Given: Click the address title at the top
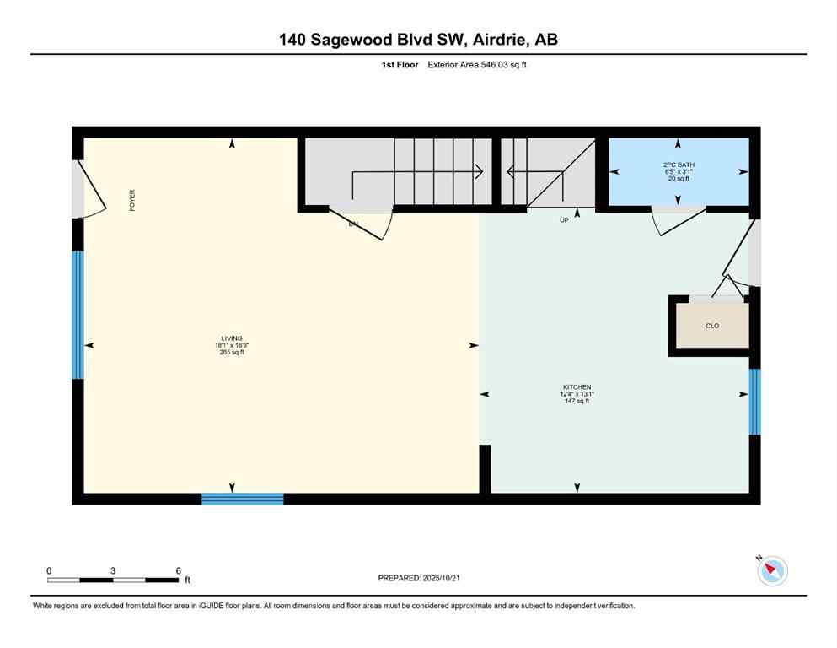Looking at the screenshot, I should tap(418, 39).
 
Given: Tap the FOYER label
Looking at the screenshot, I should tap(132, 200).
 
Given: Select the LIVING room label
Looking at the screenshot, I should tap(232, 338).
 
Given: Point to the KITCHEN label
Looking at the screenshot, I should tap(577, 387).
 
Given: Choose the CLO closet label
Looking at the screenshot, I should tap(712, 325).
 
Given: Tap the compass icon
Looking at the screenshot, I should tap(771, 571).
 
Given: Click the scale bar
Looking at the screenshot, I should tap(113, 580).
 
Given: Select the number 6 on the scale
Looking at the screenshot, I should tap(179, 570).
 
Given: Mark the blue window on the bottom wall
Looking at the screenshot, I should tap(243, 499).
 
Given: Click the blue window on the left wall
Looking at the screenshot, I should tap(78, 315).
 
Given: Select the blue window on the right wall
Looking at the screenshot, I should tap(755, 402).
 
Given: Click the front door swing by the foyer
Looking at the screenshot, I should tap(91, 190).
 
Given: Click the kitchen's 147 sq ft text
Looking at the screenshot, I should tap(577, 401).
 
